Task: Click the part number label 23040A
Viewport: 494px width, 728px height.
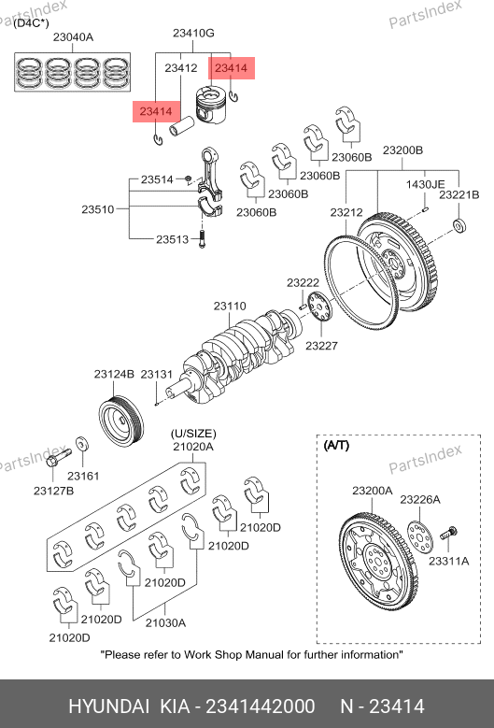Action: (x=73, y=37)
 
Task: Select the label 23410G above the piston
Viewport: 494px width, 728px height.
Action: (x=193, y=33)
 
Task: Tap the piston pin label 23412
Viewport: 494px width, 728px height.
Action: (x=181, y=68)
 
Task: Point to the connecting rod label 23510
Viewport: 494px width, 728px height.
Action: (x=98, y=209)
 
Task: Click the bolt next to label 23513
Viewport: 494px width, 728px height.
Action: (x=202, y=238)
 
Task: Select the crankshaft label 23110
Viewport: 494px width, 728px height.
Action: (x=230, y=306)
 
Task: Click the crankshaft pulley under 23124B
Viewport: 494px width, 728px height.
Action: (x=121, y=421)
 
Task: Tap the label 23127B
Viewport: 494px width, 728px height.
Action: (x=54, y=491)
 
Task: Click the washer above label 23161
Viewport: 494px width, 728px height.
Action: (x=82, y=444)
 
